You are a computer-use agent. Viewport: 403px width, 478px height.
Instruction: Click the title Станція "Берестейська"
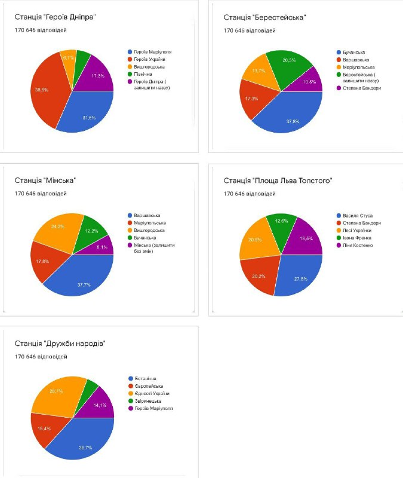point(264,17)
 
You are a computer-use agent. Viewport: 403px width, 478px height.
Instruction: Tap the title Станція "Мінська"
point(45,180)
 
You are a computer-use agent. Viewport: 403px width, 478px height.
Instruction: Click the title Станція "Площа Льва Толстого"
point(278,180)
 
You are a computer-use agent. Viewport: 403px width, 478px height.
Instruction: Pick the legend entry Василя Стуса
point(359,216)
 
